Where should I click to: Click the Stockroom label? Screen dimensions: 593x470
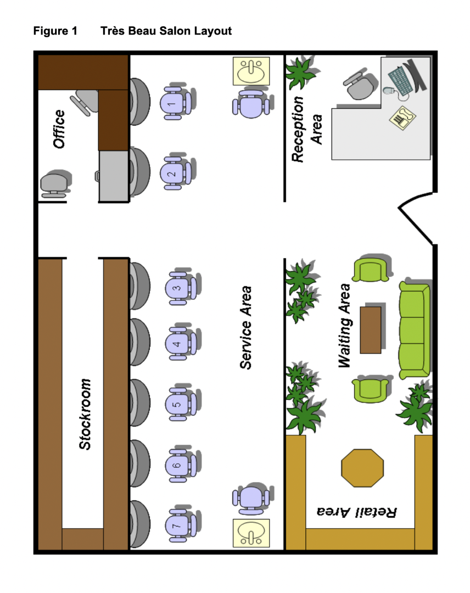(85, 415)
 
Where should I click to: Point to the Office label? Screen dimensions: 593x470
(58, 129)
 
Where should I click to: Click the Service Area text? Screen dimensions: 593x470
(246, 327)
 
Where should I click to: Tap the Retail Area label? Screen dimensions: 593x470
(357, 512)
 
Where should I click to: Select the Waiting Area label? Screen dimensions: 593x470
(345, 326)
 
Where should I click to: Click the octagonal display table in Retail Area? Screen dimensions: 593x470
(362, 468)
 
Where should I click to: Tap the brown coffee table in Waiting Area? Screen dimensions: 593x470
(371, 330)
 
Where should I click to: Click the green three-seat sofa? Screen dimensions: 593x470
(415, 330)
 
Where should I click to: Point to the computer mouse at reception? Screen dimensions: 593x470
(389, 91)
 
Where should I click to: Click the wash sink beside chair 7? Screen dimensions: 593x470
(251, 533)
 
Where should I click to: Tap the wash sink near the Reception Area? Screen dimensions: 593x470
(251, 71)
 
